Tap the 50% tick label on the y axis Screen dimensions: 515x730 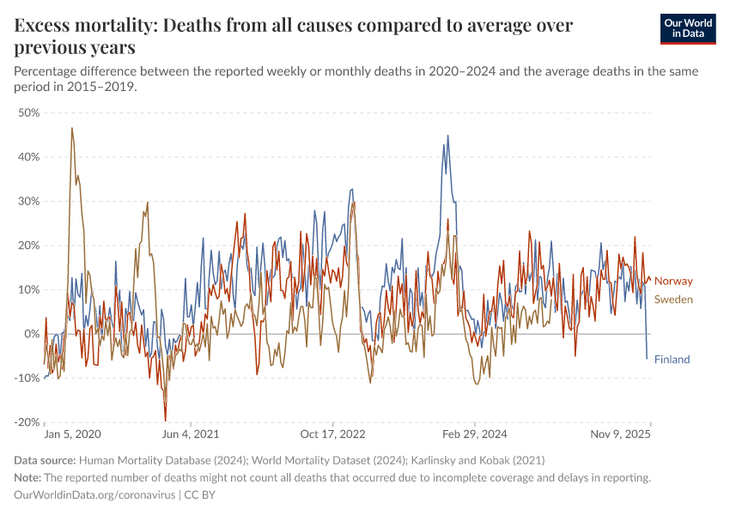tap(28, 112)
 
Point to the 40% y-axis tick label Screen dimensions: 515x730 tap(28, 157)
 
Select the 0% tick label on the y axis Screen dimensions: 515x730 tap(32, 334)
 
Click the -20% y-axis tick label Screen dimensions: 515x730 tap(27, 422)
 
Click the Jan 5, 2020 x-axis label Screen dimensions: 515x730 tap(72, 435)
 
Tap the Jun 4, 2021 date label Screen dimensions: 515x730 tap(190, 435)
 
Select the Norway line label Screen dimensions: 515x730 tap(673, 282)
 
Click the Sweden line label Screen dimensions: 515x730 tap(673, 300)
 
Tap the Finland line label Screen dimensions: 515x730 tap(672, 360)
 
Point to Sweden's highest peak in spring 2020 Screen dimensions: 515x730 tap(72, 128)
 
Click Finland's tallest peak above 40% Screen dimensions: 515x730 tap(447, 136)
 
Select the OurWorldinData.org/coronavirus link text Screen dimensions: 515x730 tap(94, 495)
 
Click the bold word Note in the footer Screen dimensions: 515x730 tap(30, 478)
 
